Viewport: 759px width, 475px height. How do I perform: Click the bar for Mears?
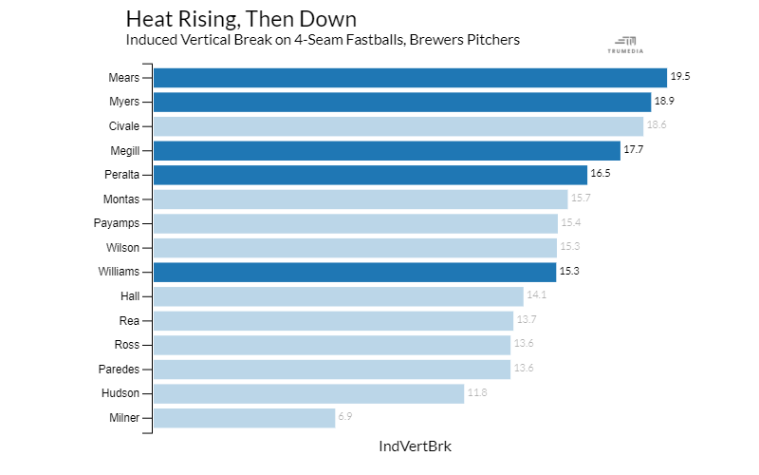pyautogui.click(x=410, y=78)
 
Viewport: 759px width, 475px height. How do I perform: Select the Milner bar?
pyautogui.click(x=244, y=418)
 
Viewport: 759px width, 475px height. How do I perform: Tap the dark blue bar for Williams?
pyautogui.click(x=354, y=272)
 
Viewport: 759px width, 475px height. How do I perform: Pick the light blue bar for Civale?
pyautogui.click(x=398, y=126)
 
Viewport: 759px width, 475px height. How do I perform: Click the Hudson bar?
pyautogui.click(x=308, y=393)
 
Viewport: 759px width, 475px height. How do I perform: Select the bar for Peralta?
pyautogui.click(x=370, y=175)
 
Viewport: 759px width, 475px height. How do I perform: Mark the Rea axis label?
pyautogui.click(x=129, y=320)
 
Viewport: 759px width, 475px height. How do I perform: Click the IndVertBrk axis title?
pyautogui.click(x=415, y=446)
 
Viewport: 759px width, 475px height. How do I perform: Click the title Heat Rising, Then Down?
pyautogui.click(x=242, y=19)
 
